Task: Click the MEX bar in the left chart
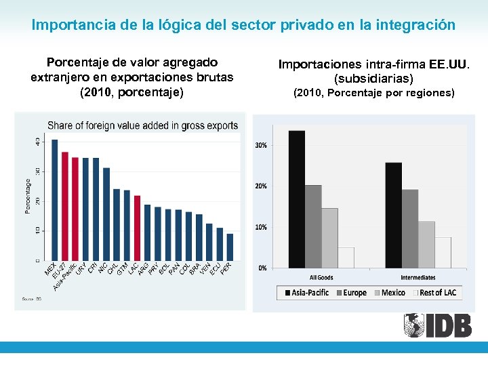[55, 200]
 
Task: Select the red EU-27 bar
[65, 206]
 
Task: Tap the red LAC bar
[137, 228]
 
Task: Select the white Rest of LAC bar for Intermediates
[443, 252]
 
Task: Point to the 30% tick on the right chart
[261, 145]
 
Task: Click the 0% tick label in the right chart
[262, 268]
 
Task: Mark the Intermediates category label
[418, 278]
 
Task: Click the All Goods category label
[321, 278]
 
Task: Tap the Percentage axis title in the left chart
[28, 196]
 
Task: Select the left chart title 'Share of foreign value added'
[142, 125]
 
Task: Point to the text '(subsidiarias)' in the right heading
[373, 79]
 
